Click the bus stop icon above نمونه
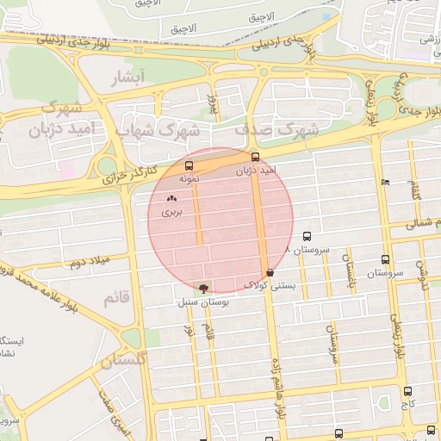pyautogui.click(x=189, y=166)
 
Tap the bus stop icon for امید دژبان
pyautogui.click(x=255, y=158)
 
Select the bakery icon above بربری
pyautogui.click(x=171, y=198)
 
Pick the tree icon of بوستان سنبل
pyautogui.click(x=203, y=289)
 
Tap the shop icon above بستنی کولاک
pyautogui.click(x=270, y=272)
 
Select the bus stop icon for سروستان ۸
pyautogui.click(x=307, y=235)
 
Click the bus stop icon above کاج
pyautogui.click(x=407, y=391)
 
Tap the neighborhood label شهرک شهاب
pyautogui.click(x=169, y=130)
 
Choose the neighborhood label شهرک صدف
pyautogui.click(x=276, y=129)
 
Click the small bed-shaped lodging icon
pyautogui.click(x=385, y=182)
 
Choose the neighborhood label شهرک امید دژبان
pyautogui.click(x=63, y=120)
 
